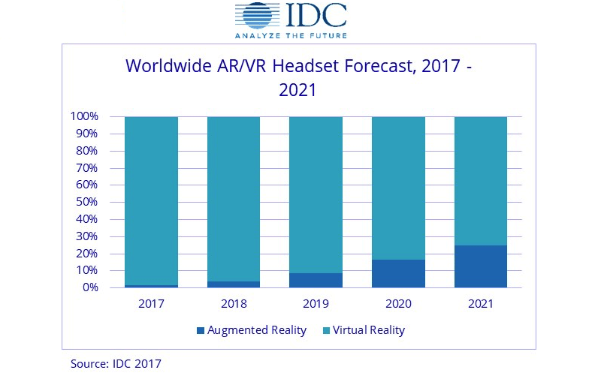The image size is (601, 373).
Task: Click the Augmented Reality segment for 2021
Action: point(480,266)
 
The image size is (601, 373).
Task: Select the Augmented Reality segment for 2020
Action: point(398,273)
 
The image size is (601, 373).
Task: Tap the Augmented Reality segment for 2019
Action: point(316,280)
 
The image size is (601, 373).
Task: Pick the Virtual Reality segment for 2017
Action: point(151,200)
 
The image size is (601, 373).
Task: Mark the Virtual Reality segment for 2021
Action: point(480,181)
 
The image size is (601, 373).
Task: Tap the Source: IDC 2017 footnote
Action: point(116,363)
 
